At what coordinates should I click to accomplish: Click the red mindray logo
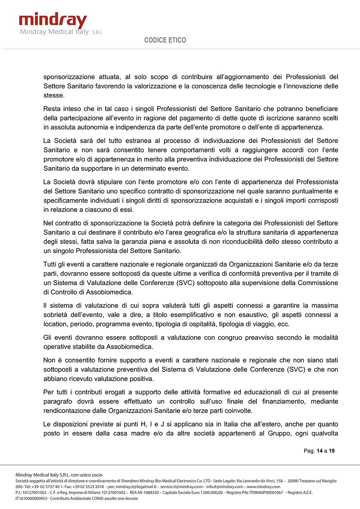point(53,20)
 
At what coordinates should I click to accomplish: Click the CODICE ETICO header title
point(165,40)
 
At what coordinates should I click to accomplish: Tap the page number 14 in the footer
point(319,451)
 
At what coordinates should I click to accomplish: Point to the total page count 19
point(332,451)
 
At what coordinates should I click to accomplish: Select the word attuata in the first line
point(109,77)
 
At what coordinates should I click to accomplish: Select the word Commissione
point(318,283)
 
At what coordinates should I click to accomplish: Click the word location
point(56,324)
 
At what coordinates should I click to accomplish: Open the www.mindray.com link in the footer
point(263,487)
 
